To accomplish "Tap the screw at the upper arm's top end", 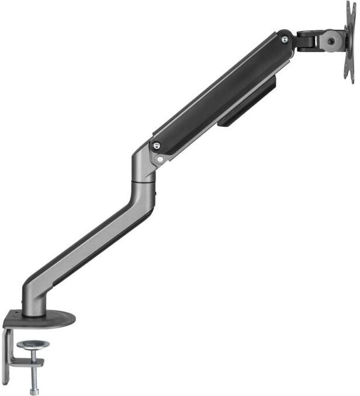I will pyautogui.click(x=284, y=39).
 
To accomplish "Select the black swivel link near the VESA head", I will pyautogui.click(x=307, y=40).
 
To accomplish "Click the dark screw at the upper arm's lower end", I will pyautogui.click(x=155, y=146).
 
